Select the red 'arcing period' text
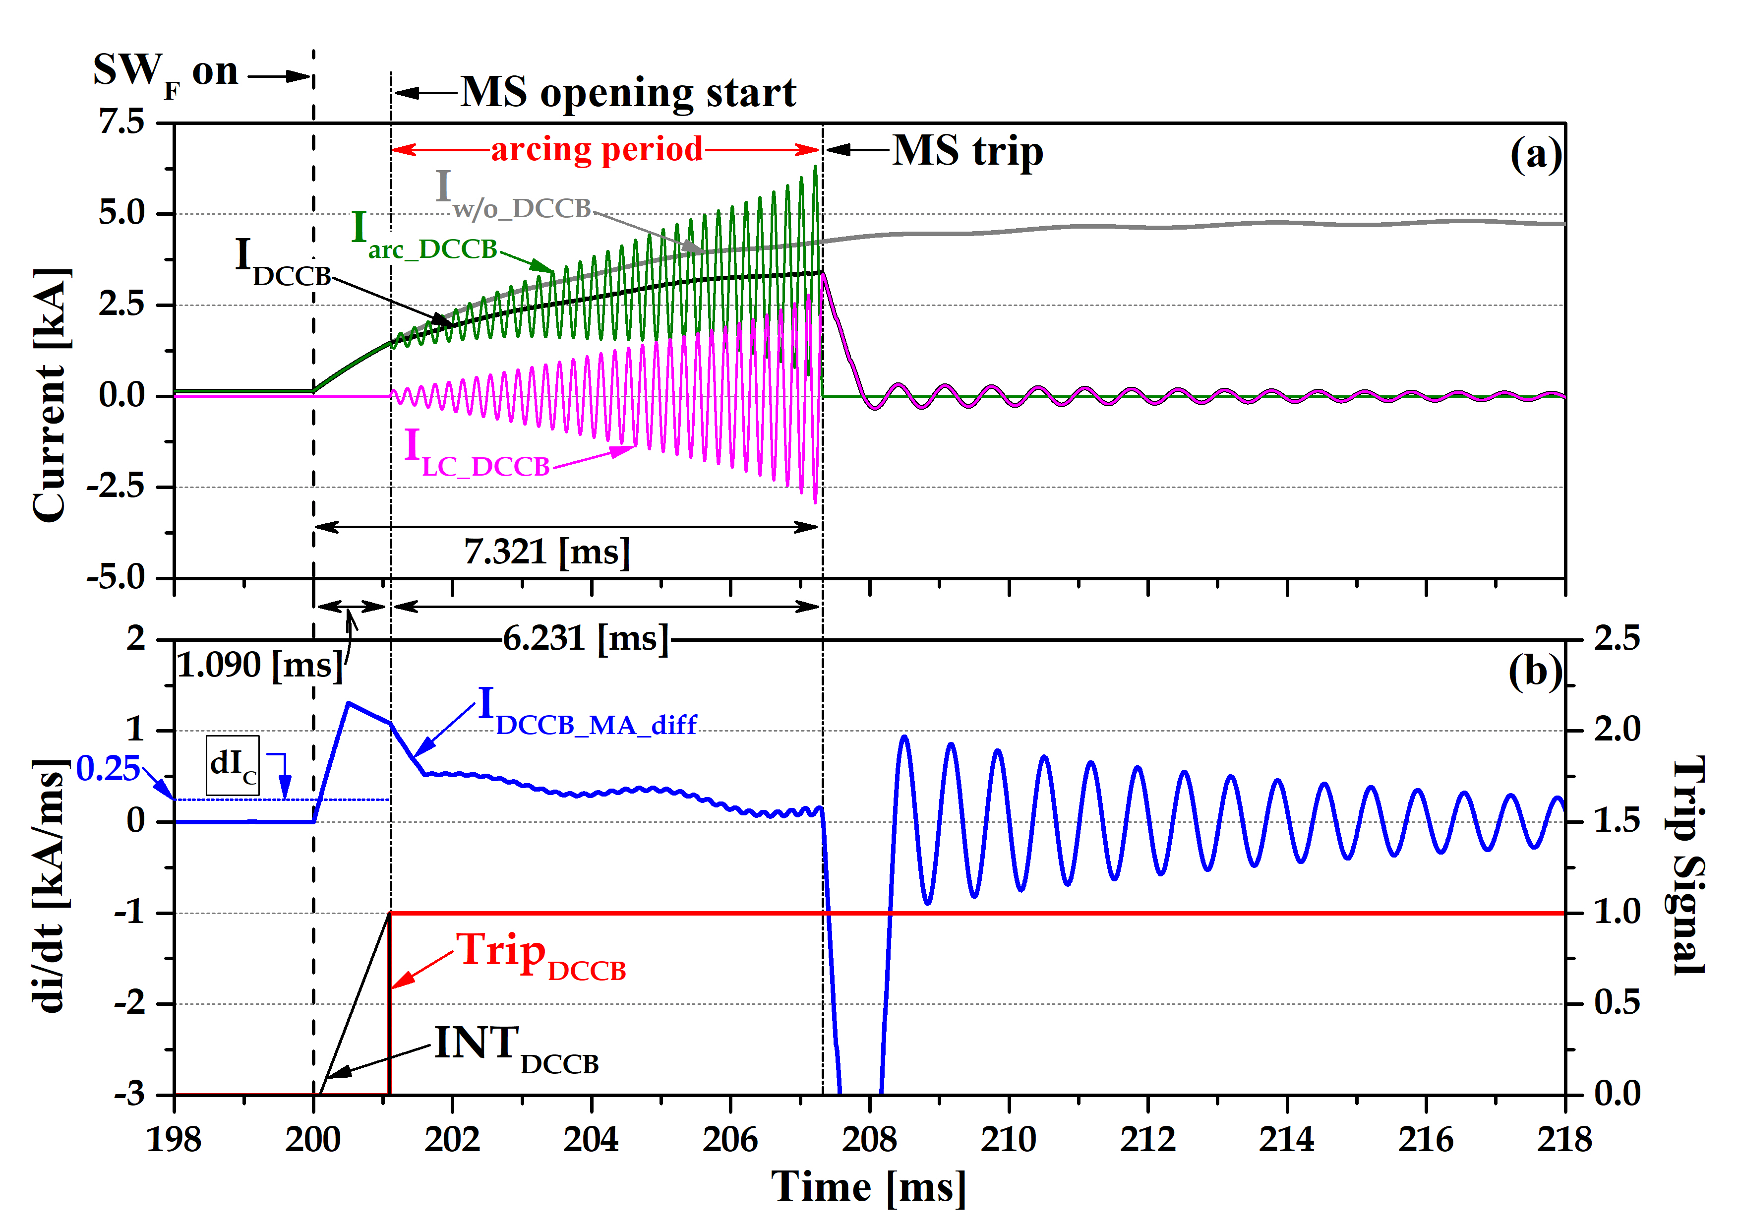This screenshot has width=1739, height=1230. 597,149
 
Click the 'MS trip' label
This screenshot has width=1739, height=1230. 967,151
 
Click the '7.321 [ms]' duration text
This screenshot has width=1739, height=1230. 547,552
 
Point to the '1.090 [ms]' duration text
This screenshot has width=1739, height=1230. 260,666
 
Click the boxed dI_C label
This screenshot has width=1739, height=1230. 233,765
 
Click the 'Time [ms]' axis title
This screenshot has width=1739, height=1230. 869,1187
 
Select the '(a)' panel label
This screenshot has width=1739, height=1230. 1535,155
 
